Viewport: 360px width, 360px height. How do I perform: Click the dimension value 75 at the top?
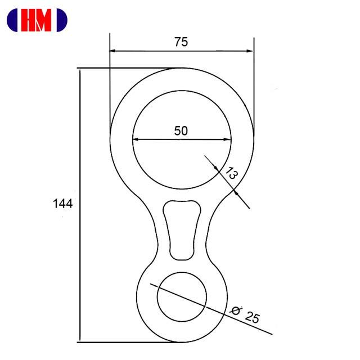click(x=181, y=42)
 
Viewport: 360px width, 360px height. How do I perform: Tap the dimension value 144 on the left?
click(x=62, y=204)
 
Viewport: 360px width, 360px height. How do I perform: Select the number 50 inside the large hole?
click(x=181, y=130)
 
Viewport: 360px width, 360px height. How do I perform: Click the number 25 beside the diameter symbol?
click(x=253, y=317)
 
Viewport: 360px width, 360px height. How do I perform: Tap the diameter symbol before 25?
click(x=236, y=310)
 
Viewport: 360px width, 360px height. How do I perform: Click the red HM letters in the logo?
click(x=36, y=20)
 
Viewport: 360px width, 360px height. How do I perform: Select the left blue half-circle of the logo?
click(x=12, y=20)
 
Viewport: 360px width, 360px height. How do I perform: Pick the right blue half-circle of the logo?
click(x=62, y=20)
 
